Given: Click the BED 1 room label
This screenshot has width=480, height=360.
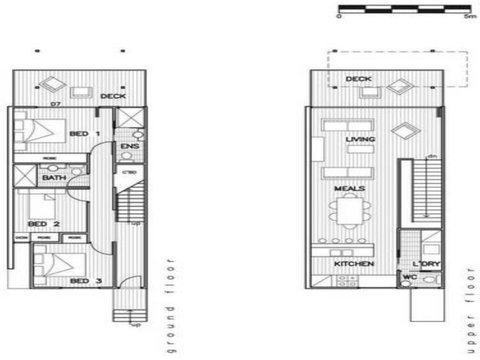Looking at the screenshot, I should tap(88, 133).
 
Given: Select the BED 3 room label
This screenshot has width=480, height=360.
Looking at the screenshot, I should tap(81, 281).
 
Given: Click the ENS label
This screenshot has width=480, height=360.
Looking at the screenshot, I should tap(129, 148).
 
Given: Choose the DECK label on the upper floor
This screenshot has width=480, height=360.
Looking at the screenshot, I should tap(359, 78).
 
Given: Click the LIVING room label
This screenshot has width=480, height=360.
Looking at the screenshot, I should tap(359, 139).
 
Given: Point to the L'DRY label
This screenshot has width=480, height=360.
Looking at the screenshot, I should tap(425, 263).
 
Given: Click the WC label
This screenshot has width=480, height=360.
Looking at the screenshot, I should tap(408, 276).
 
